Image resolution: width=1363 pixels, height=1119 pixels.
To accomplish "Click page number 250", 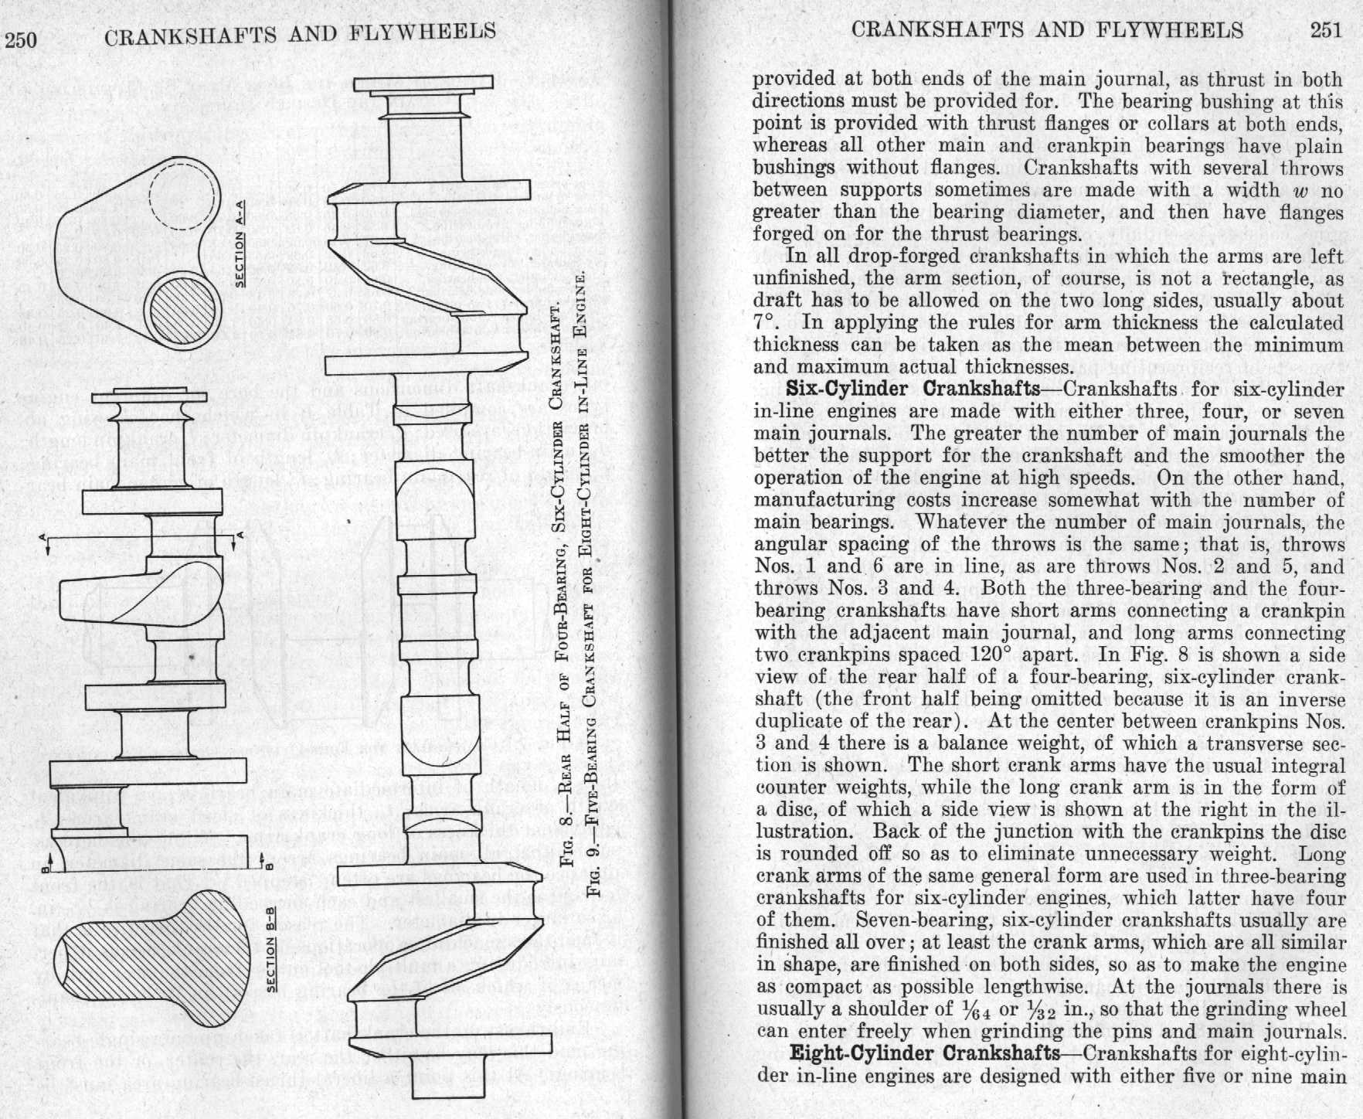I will pos(21,39).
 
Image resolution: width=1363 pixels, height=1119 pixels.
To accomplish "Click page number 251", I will pos(1327,30).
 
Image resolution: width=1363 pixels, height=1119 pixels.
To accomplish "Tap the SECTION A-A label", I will pos(240,242).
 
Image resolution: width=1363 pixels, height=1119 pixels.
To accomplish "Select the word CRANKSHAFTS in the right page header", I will pos(924,30).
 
